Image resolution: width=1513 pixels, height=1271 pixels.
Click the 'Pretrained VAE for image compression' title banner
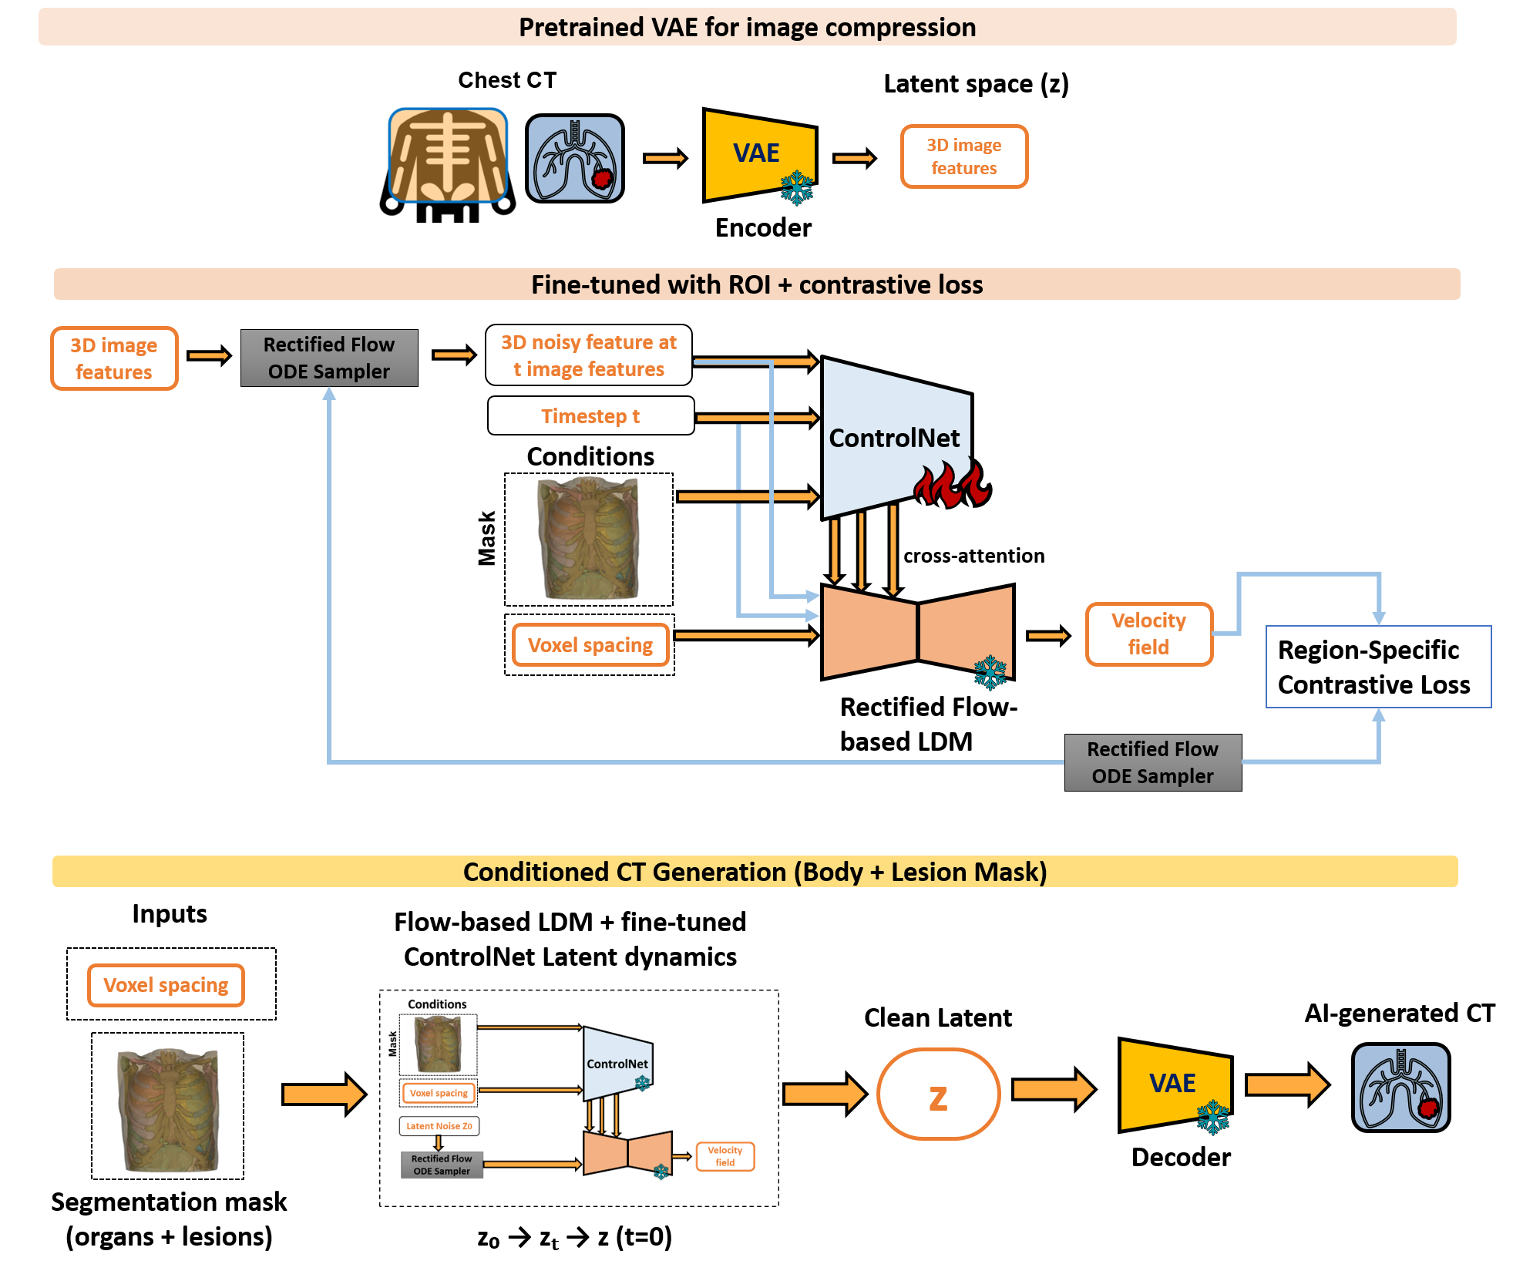coord(747,28)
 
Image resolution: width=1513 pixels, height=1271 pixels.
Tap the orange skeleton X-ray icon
coord(448,155)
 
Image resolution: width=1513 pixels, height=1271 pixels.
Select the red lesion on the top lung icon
coord(602,179)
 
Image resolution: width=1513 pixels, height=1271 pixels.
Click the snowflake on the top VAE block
coord(796,187)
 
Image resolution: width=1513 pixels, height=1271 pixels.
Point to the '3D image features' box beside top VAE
coord(963,156)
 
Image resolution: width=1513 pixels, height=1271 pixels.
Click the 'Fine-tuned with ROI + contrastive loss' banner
coord(756,284)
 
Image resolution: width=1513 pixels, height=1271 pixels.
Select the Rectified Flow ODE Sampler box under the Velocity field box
coord(1152,762)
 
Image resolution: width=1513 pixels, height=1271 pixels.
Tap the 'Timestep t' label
coord(590,416)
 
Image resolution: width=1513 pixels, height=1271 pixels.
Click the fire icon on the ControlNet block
coord(950,483)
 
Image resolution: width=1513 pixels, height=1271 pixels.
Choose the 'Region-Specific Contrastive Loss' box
coord(1377,667)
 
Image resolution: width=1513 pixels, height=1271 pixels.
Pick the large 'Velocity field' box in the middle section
coord(1148,634)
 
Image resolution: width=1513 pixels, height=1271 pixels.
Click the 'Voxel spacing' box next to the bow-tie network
coord(590,645)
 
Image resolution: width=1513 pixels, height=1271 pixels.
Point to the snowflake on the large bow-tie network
coord(990,671)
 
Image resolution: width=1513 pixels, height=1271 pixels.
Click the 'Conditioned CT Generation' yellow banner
coord(755,872)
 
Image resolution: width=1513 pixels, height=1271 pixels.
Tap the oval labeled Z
coord(938,1094)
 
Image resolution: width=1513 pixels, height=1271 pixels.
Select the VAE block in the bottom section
coord(1173,1084)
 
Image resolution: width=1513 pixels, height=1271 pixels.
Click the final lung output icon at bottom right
coord(1400,1088)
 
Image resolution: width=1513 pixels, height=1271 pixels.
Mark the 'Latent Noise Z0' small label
coord(439,1126)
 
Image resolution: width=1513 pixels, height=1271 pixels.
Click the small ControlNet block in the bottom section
coord(617,1064)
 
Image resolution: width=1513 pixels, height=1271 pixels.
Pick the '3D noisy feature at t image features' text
coord(589,355)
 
